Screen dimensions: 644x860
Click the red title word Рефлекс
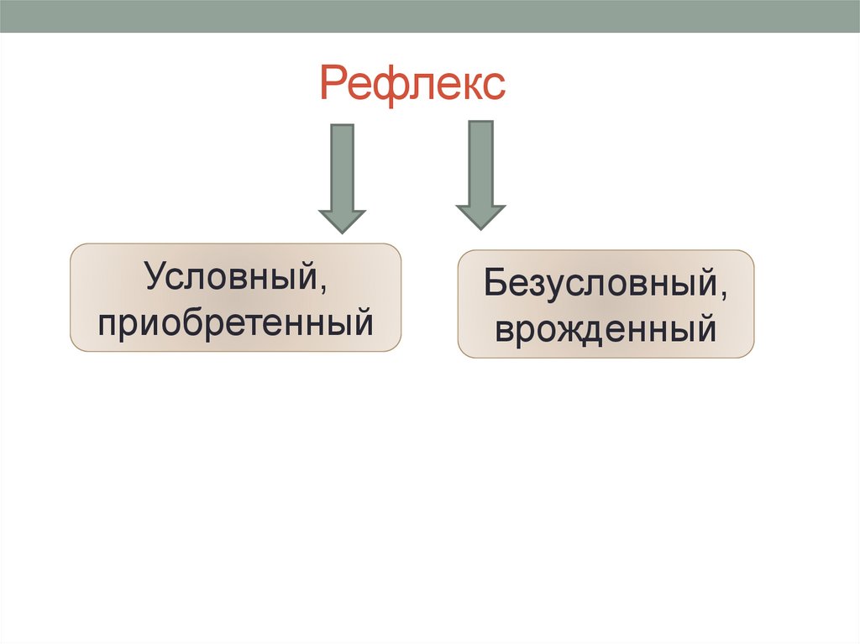click(x=412, y=86)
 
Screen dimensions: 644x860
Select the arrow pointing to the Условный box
click(x=342, y=178)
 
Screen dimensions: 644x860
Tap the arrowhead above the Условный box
click(x=342, y=220)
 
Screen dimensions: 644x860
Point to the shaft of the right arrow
click(x=480, y=162)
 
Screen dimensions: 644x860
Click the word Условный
click(x=228, y=276)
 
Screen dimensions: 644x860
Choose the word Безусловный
click(x=598, y=284)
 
